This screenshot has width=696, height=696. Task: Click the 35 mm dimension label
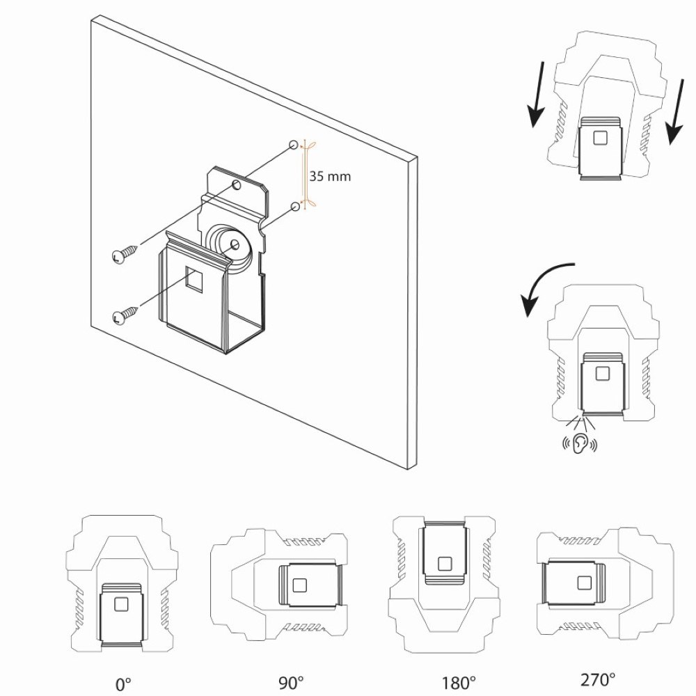coord(330,177)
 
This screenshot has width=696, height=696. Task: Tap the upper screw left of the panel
coord(120,256)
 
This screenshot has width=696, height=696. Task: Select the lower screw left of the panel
coord(120,317)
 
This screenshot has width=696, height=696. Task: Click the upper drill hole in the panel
coord(294,145)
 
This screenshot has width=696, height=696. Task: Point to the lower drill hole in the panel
coord(295,206)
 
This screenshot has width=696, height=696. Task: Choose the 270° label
coord(599,679)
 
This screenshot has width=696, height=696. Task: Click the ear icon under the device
coord(579,445)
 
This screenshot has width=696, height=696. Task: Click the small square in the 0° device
coord(120,603)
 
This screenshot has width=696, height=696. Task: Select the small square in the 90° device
coord(300,585)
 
